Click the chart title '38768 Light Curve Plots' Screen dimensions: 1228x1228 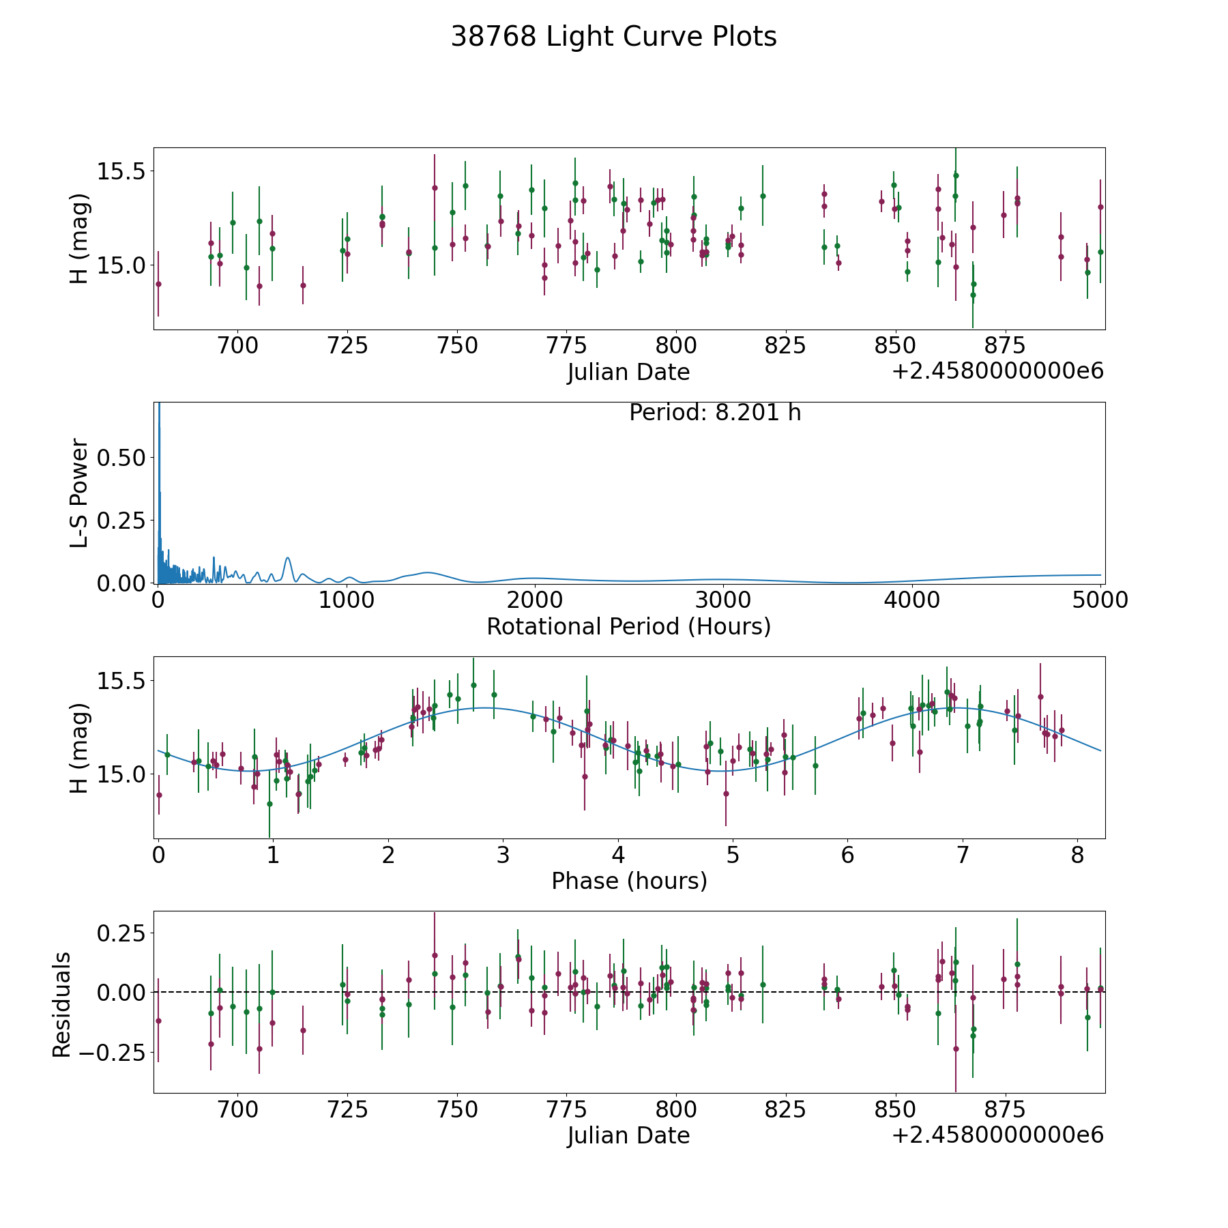[x=613, y=37]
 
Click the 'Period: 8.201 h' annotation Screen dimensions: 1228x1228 [x=714, y=413]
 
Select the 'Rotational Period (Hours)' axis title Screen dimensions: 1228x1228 [x=628, y=626]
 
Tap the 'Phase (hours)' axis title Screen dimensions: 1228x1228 [x=628, y=881]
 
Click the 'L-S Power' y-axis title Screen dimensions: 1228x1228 [x=79, y=493]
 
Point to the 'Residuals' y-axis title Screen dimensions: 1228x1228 [x=61, y=1005]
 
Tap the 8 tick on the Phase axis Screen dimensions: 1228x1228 [x=1077, y=855]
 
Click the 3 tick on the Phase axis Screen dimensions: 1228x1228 [x=503, y=855]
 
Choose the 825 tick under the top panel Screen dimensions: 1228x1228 [x=785, y=346]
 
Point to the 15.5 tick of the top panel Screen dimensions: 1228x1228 [x=121, y=171]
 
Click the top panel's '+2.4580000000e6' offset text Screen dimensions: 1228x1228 [x=997, y=371]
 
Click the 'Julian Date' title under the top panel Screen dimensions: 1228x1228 [x=628, y=372]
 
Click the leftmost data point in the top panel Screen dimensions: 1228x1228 [x=158, y=284]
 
